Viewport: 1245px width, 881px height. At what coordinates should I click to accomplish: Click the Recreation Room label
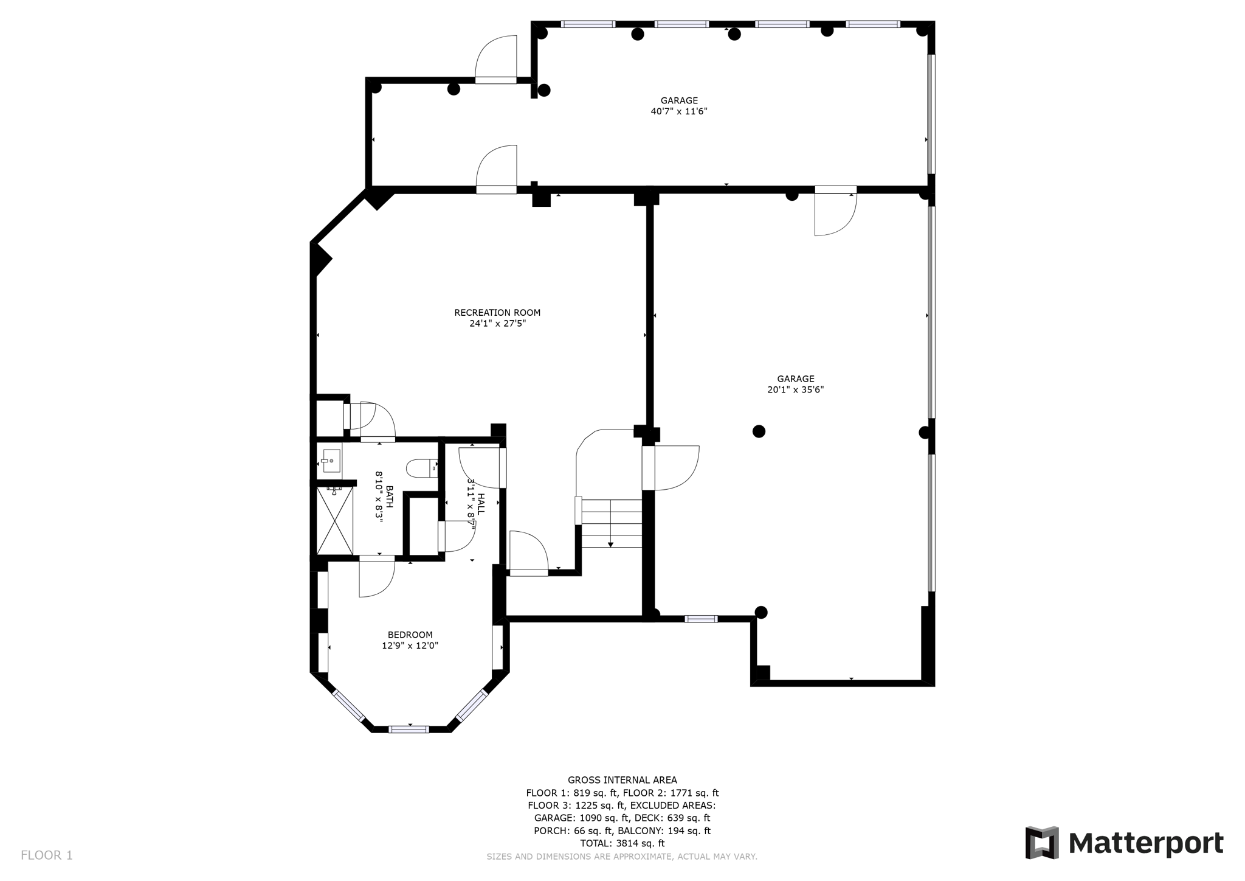point(497,313)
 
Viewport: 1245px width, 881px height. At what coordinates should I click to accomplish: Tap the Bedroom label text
point(410,635)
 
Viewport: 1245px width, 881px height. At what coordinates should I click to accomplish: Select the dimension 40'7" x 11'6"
point(678,111)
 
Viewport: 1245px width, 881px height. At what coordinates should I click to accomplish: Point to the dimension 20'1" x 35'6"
point(795,389)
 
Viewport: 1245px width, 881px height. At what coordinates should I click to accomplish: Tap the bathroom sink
point(331,461)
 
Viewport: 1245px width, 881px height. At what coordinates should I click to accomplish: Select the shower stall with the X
point(334,521)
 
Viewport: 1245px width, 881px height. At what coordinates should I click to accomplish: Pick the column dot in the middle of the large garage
point(759,431)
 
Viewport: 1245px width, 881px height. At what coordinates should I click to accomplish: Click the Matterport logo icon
point(1042,843)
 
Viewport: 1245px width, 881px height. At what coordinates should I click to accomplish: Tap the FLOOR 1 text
point(47,855)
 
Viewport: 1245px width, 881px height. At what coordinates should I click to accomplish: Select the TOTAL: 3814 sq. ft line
point(622,843)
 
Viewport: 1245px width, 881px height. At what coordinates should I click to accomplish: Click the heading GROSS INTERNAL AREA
point(622,780)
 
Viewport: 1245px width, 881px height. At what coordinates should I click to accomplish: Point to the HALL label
point(481,504)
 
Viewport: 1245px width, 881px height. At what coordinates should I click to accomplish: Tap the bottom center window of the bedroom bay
point(409,729)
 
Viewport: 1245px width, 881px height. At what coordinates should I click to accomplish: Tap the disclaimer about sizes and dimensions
point(621,857)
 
